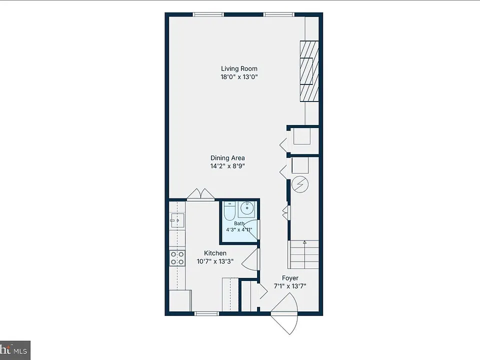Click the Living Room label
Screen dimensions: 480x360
(x=239, y=69)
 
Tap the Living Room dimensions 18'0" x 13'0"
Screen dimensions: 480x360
(x=239, y=77)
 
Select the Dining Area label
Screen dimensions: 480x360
(x=227, y=158)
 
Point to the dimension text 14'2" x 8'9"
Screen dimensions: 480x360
(x=227, y=166)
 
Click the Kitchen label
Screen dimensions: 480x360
(x=215, y=253)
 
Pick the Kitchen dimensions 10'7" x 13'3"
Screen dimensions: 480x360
(x=215, y=261)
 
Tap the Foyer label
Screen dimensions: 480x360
(x=290, y=278)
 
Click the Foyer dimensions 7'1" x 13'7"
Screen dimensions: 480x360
(x=290, y=286)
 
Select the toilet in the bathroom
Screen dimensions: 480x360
(x=229, y=211)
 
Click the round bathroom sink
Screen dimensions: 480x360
(x=247, y=208)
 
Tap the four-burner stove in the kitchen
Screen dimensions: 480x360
(x=177, y=258)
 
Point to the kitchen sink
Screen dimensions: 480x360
(x=177, y=220)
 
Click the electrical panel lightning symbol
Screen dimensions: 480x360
(x=300, y=184)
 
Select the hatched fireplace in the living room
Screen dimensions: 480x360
(x=309, y=71)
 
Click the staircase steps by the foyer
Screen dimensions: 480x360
(x=303, y=254)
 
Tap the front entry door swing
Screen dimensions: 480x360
(x=284, y=313)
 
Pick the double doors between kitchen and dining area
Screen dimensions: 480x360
(x=201, y=194)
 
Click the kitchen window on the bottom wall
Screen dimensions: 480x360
(x=207, y=313)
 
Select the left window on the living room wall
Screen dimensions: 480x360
(x=208, y=14)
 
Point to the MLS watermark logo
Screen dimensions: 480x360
(x=15, y=350)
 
